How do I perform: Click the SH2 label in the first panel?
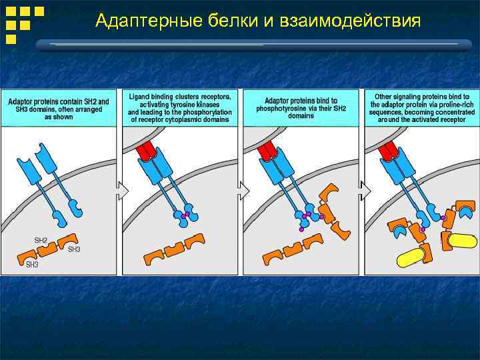click(41, 239)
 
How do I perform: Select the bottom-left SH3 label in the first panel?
click(32, 265)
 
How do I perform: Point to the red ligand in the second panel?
click(147, 151)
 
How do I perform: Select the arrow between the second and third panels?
click(243, 191)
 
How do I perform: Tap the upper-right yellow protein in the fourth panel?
click(462, 240)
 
